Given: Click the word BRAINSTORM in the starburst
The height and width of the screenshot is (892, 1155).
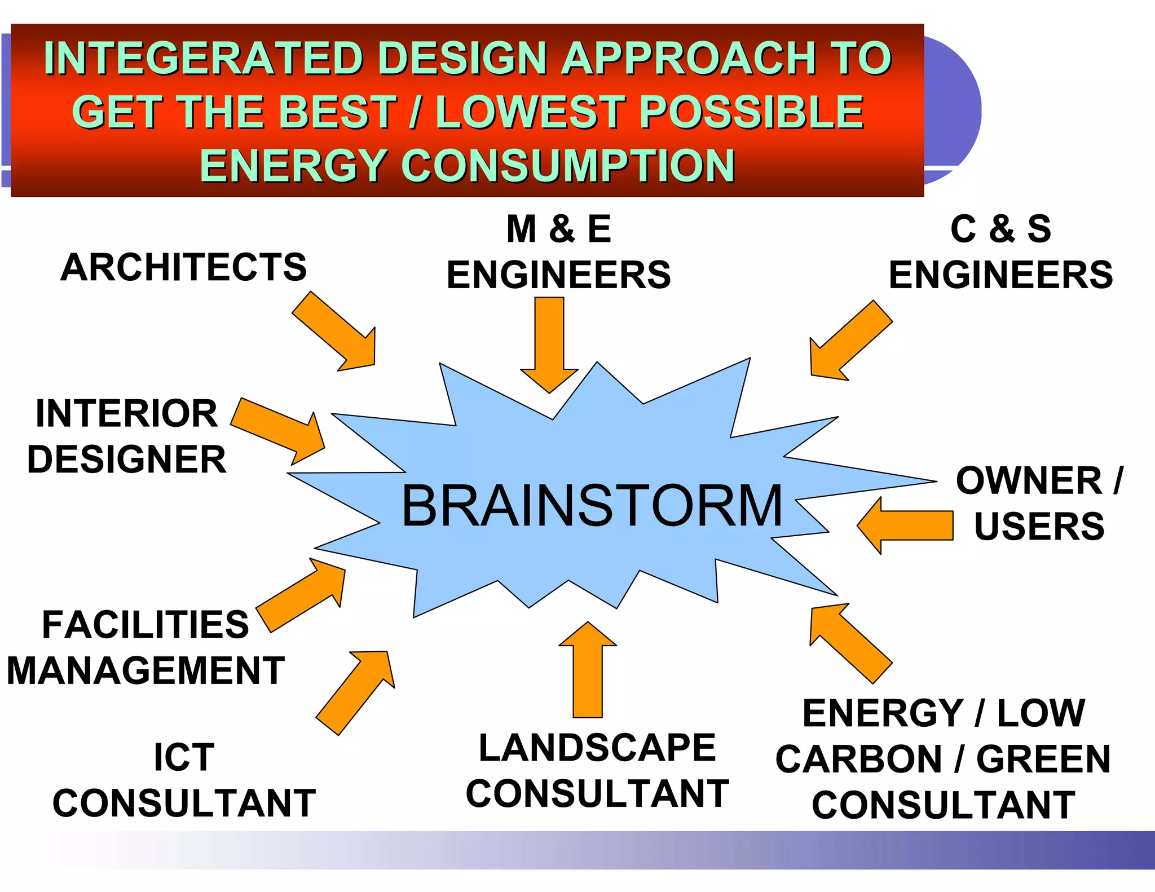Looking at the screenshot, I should pos(592,506).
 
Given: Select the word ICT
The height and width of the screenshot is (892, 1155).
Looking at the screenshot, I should pos(184,757).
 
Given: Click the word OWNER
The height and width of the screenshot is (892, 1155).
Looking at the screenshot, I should pos(1029,481).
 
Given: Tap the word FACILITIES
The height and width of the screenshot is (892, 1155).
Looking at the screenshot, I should pos(145,625).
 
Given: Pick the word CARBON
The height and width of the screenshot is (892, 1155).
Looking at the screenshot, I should pos(858,759).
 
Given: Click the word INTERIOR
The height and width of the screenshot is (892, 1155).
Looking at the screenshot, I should pos(126,413).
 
